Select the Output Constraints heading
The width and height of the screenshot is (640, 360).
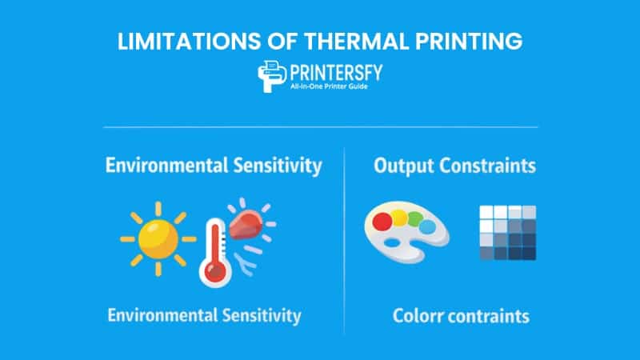click(x=454, y=166)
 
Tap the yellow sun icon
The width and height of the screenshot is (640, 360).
click(x=158, y=238)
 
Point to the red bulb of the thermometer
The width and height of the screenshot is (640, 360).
click(x=214, y=271)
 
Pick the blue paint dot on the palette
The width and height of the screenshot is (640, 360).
click(x=427, y=227)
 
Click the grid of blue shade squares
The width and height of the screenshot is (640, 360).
click(x=507, y=233)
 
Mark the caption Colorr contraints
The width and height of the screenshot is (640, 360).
click(x=461, y=316)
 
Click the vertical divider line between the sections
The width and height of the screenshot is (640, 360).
click(x=345, y=240)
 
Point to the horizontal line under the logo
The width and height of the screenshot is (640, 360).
click(x=320, y=126)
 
